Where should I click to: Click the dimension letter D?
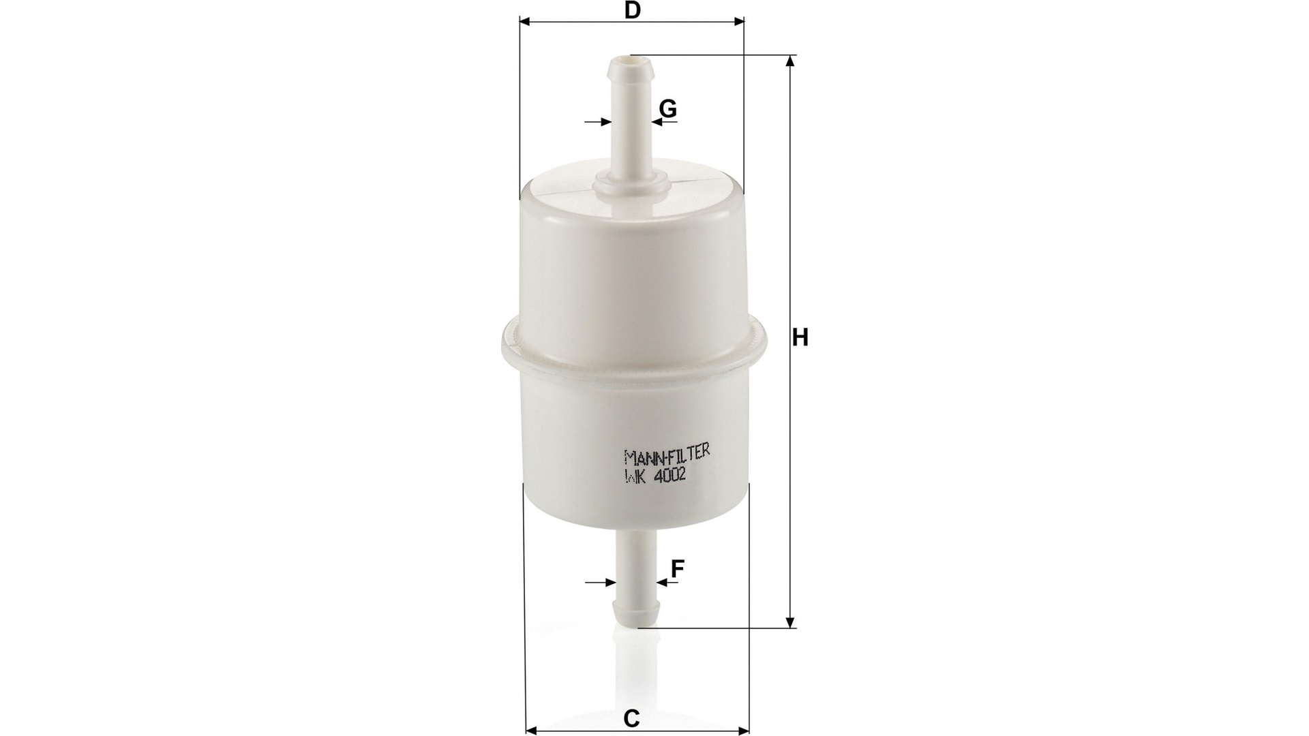tap(633, 10)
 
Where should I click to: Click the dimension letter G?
tap(668, 108)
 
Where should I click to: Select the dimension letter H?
tap(800, 337)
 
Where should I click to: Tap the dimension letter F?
tap(677, 568)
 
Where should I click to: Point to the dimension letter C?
tap(632, 718)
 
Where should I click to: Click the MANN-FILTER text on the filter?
tap(667, 453)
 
